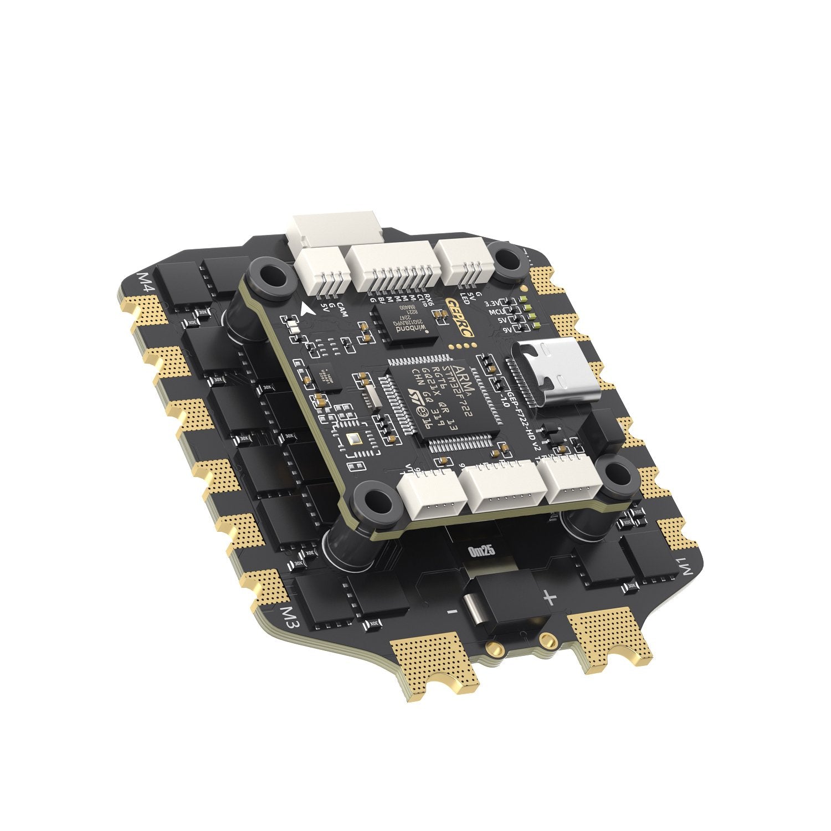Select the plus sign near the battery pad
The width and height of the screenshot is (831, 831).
(549, 597)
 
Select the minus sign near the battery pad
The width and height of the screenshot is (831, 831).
(452, 611)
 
